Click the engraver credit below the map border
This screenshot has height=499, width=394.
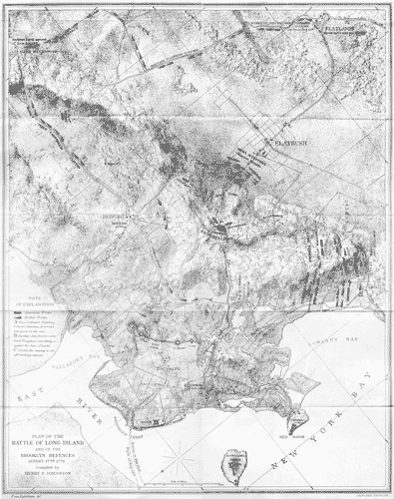coord(20,494)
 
